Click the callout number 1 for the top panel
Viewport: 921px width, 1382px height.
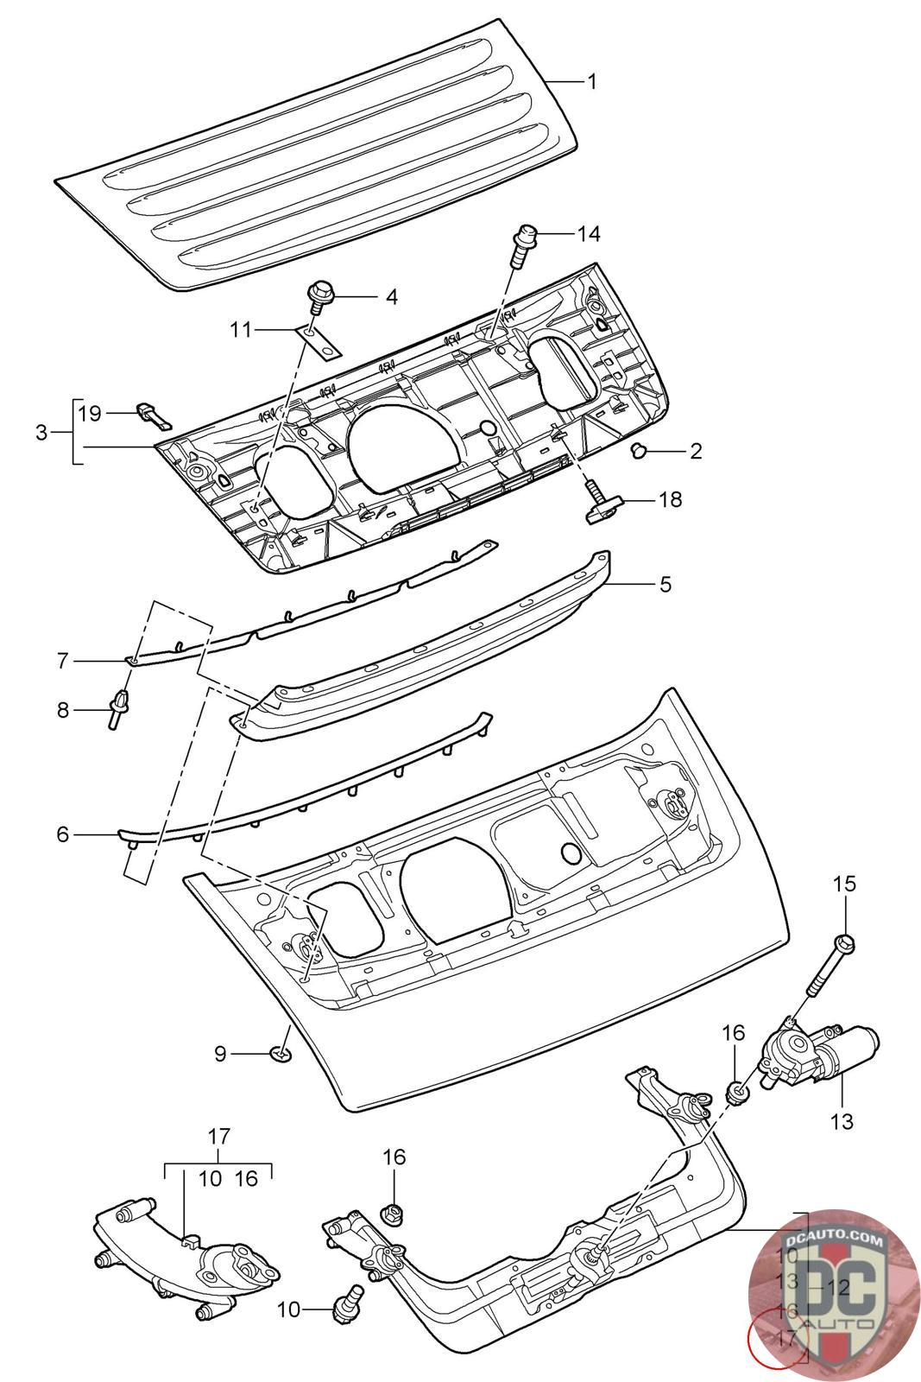(592, 82)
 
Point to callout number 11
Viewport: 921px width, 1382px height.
(241, 328)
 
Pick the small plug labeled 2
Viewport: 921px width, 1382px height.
(640, 450)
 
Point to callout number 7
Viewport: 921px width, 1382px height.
(61, 661)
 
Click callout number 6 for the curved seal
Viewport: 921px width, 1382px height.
(61, 834)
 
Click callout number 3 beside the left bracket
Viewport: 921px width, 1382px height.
(41, 432)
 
